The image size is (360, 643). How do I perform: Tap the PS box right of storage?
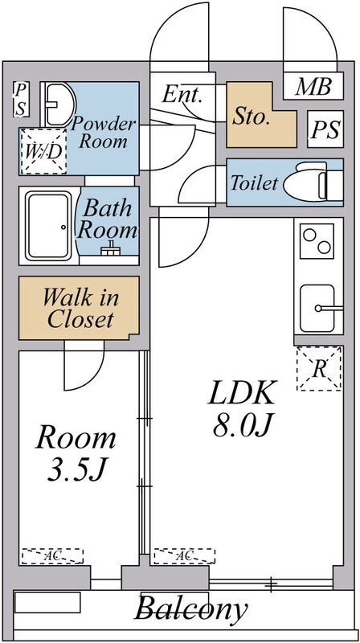325,129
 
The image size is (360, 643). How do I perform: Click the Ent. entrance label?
182,95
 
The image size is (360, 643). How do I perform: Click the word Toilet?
254,183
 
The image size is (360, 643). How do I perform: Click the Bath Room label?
106,219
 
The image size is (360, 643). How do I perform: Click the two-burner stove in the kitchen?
316,240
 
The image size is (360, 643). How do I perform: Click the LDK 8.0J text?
243,408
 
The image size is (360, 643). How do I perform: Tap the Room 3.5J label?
76,454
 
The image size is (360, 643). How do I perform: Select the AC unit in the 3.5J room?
51,555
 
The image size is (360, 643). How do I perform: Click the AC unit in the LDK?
185,555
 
